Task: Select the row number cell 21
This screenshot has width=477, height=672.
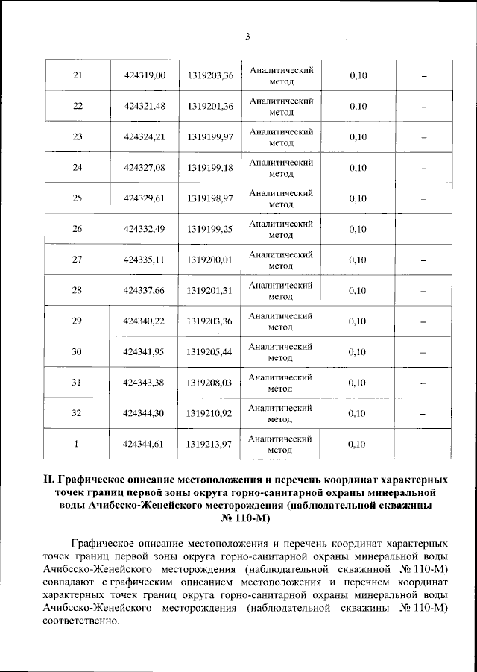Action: click(77, 75)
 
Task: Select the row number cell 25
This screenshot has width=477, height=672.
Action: click(77, 198)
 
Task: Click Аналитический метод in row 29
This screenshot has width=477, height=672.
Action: click(280, 321)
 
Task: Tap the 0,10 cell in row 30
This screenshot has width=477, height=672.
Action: click(358, 351)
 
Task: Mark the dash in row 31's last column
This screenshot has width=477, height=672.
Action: click(423, 383)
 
